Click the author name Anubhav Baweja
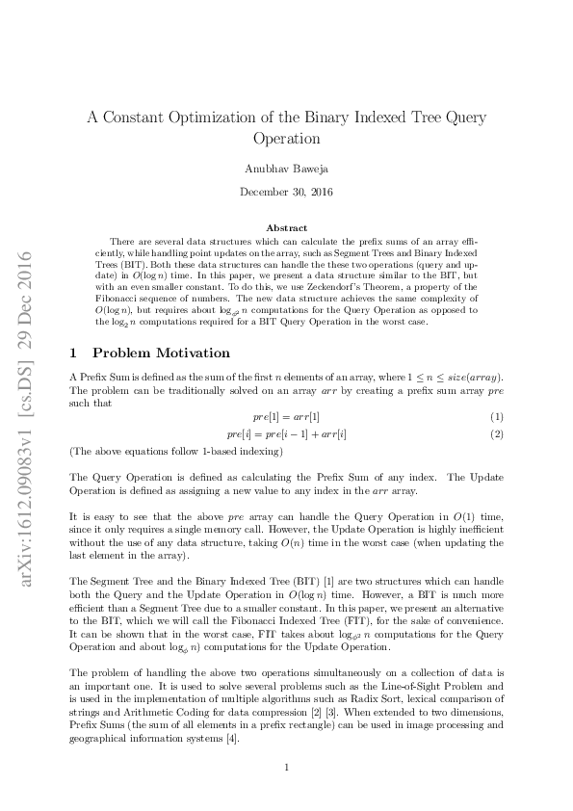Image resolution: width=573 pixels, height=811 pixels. pos(286,169)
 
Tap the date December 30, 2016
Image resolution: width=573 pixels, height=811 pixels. pos(286,192)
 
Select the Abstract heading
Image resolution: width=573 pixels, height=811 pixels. pos(286,227)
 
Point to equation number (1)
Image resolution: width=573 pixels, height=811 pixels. pos(497,389)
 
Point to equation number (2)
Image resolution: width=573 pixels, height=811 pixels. pos(497,407)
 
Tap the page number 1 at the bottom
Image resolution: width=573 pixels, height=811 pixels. pos(287,768)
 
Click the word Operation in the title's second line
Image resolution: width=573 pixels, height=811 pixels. pos(286,139)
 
